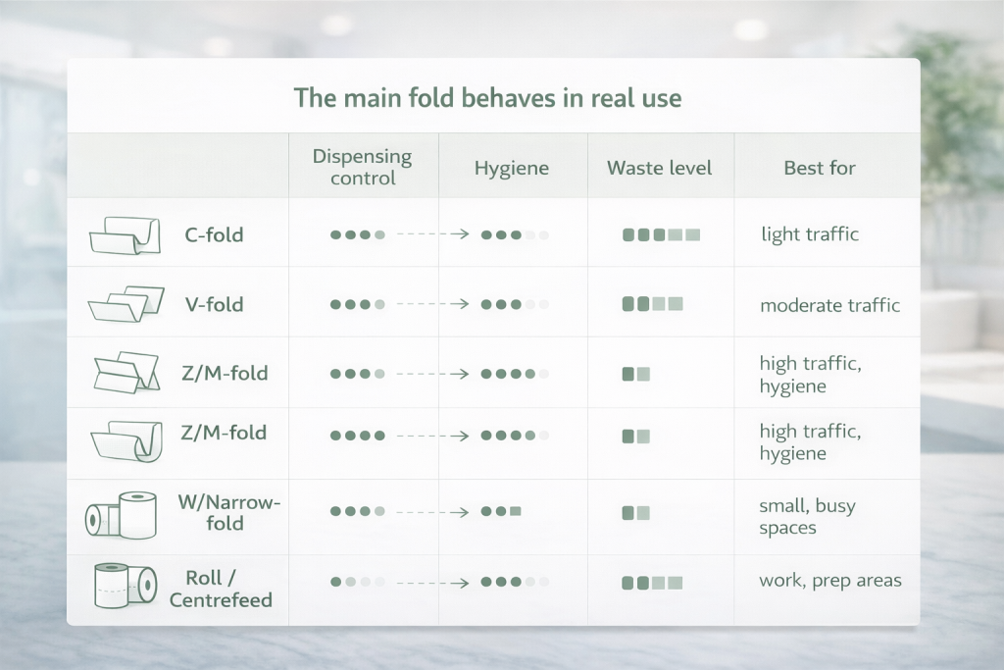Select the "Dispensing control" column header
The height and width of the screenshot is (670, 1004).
coord(363,167)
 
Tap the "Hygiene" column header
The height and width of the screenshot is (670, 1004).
coord(512,169)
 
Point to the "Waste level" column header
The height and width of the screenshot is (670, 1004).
coord(660,168)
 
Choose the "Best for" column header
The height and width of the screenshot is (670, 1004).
coord(820,168)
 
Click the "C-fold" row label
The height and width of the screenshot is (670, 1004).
coord(214,235)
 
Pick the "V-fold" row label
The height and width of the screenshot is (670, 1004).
coord(215,304)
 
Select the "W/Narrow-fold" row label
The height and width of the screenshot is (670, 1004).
coord(229,512)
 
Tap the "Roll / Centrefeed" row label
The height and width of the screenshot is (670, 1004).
coord(221,589)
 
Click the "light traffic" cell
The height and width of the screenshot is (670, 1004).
coord(810,234)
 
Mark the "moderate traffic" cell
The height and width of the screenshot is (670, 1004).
coord(829,305)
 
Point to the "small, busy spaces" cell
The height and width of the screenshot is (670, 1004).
coord(808,516)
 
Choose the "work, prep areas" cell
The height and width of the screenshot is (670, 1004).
coord(830,581)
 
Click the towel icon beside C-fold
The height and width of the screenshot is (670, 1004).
coord(125,235)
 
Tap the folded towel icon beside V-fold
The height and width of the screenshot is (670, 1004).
coord(126,304)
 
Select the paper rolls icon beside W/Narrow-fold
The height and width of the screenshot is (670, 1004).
coord(121,515)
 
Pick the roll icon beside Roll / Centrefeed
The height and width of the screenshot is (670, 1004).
coord(125,586)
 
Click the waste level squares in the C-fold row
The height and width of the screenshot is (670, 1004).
coord(662,235)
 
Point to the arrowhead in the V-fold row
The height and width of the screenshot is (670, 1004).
coord(460,304)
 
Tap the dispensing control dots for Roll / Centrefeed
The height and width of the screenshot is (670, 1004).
coord(357,583)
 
